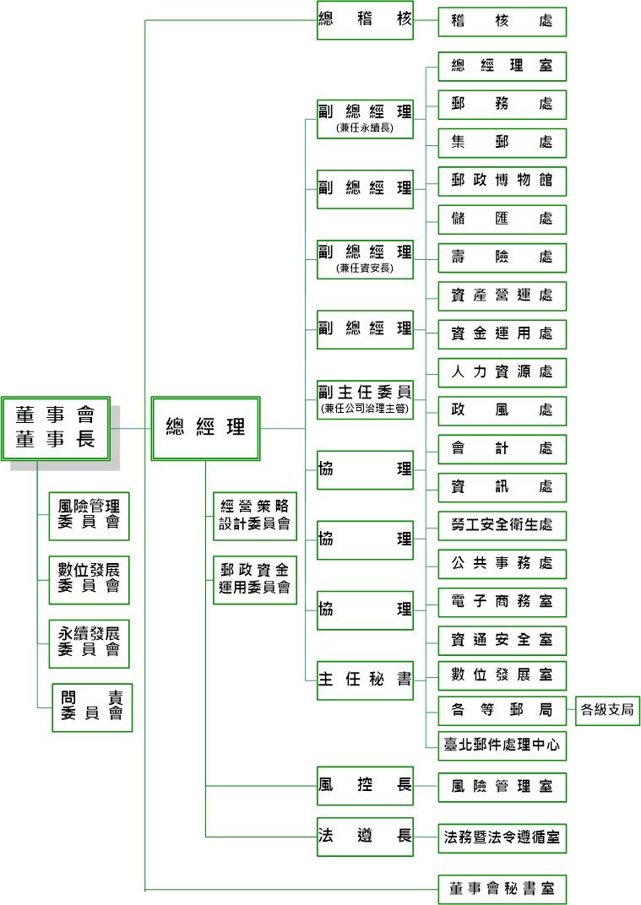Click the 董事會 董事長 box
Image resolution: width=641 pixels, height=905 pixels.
(x=55, y=427)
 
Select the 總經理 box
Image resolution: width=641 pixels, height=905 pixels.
(x=205, y=428)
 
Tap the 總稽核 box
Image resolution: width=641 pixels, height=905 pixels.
(x=365, y=20)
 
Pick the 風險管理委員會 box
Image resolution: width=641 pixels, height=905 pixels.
(x=89, y=515)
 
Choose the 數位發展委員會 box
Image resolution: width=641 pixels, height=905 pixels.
(x=89, y=578)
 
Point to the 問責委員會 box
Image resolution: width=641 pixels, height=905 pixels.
(x=92, y=706)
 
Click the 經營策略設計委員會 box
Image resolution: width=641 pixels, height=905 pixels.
(x=254, y=515)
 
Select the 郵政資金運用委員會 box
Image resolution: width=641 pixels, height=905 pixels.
(x=254, y=578)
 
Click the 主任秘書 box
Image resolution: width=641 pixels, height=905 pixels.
(x=365, y=680)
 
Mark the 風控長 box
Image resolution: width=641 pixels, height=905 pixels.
(x=365, y=786)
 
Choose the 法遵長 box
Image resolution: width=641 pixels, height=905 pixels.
(x=365, y=837)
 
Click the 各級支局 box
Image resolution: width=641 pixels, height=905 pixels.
(x=606, y=710)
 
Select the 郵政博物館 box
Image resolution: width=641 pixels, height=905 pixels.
(x=502, y=182)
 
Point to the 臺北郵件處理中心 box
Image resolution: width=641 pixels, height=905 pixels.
(x=502, y=745)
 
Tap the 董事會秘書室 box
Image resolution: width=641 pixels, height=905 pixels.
(x=502, y=889)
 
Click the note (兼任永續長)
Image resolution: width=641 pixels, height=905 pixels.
(x=365, y=128)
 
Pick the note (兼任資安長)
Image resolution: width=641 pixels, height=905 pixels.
(x=365, y=268)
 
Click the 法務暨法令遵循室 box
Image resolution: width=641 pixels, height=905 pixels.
(x=502, y=838)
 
